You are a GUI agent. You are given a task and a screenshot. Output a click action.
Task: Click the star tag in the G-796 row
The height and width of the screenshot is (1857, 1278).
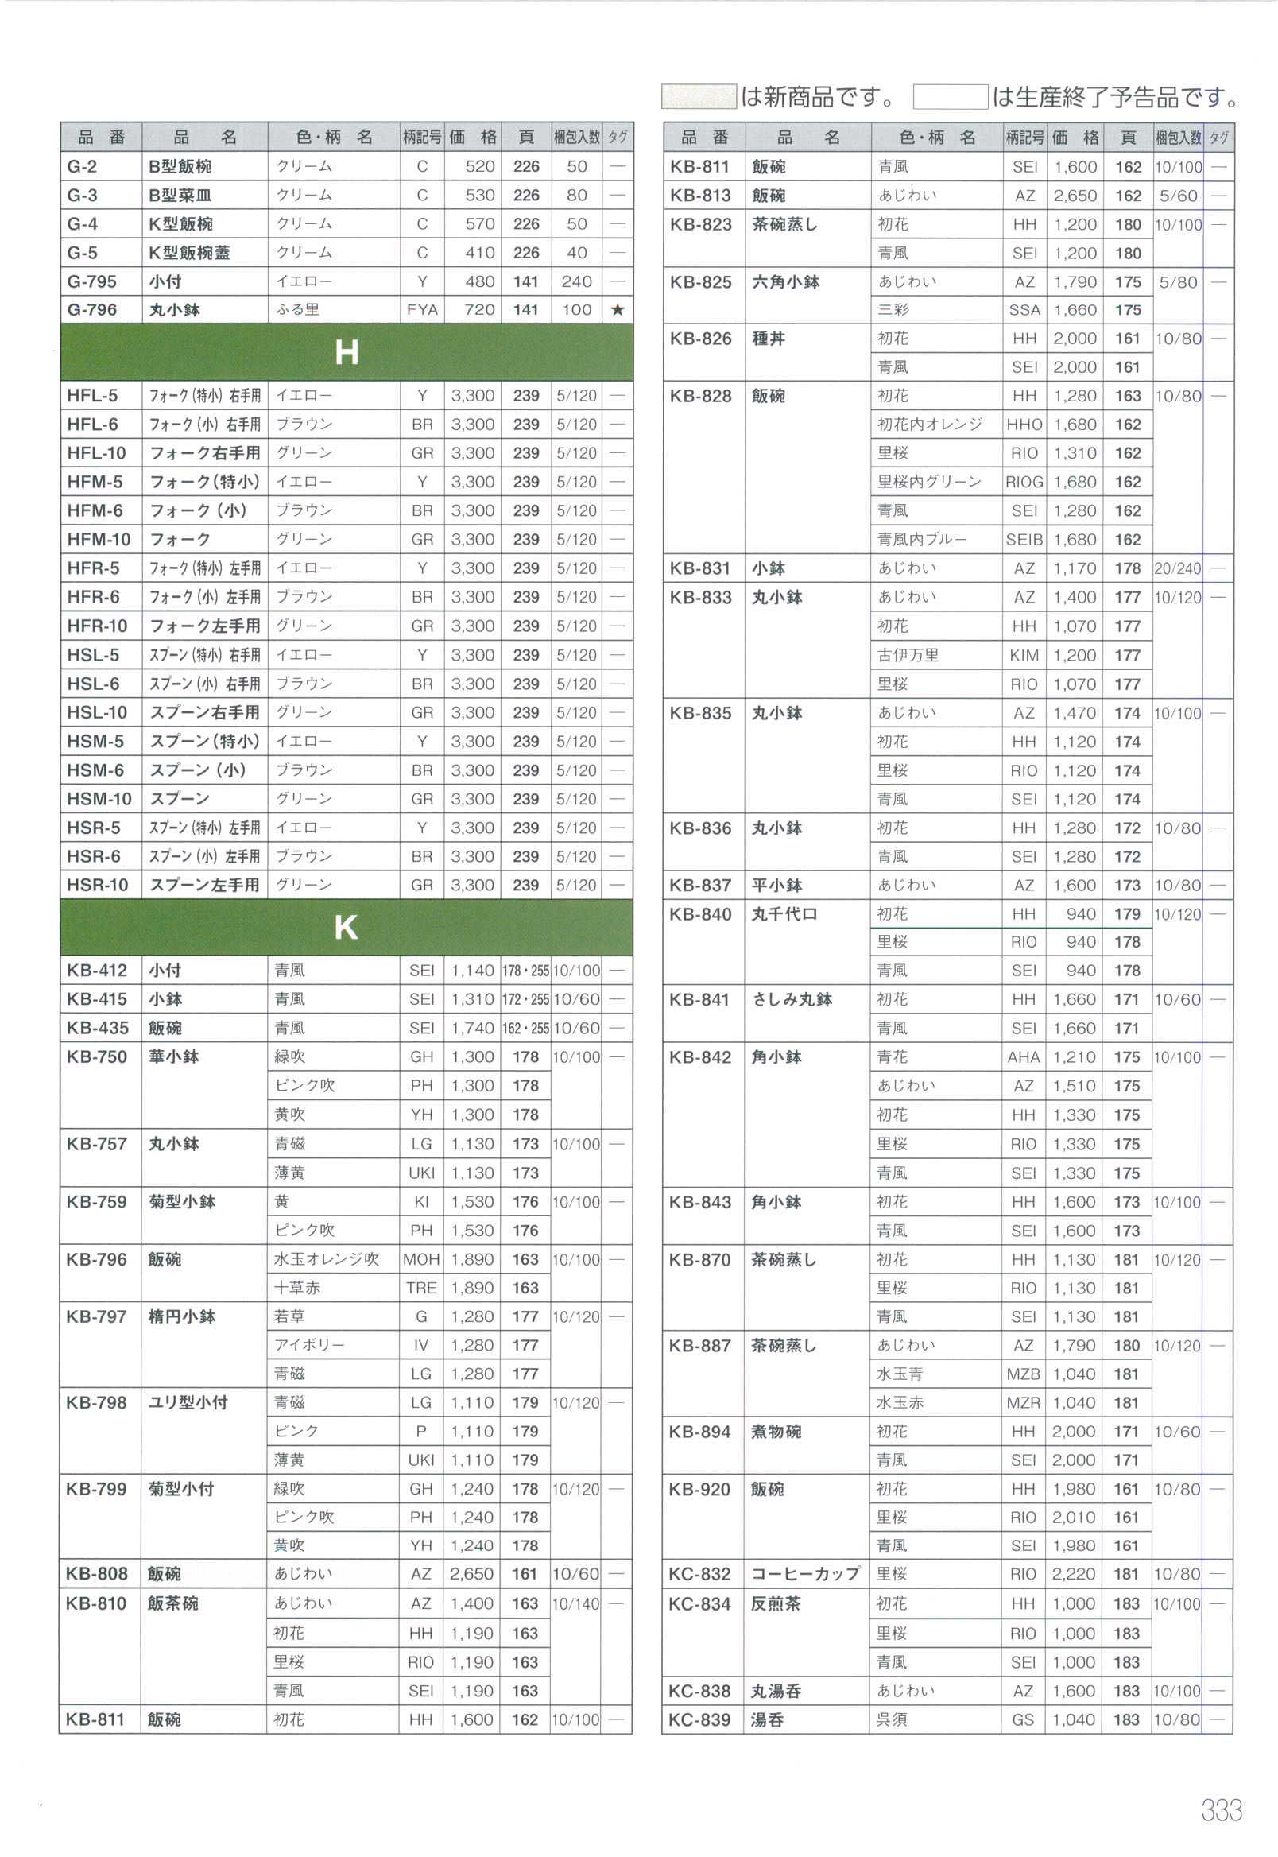[x=617, y=310]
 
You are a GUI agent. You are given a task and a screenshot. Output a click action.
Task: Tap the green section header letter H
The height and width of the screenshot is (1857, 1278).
[x=346, y=352]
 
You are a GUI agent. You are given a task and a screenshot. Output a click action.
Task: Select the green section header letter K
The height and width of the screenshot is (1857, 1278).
[x=346, y=927]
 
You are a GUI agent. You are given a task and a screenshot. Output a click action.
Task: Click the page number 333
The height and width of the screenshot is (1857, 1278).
[x=1221, y=1810]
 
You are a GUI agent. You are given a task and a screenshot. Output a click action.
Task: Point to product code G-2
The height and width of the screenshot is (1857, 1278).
[x=83, y=167]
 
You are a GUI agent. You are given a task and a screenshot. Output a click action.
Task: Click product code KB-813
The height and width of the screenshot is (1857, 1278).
[x=700, y=196]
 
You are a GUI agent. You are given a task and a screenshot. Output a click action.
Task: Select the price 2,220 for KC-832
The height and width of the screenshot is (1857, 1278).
[x=1074, y=1574]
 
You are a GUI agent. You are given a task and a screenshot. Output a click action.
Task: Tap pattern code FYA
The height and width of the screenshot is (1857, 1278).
[x=422, y=310]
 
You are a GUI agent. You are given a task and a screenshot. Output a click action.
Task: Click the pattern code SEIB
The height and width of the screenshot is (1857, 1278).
[x=1024, y=540]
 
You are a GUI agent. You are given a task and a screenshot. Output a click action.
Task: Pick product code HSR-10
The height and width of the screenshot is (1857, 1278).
[x=97, y=885]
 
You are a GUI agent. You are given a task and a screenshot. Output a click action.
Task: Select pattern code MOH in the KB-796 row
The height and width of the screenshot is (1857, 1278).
[x=421, y=1260]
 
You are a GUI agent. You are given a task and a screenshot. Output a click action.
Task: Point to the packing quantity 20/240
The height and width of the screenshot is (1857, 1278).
[x=1178, y=568]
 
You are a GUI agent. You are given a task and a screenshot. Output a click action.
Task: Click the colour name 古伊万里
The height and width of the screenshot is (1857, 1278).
[x=908, y=655]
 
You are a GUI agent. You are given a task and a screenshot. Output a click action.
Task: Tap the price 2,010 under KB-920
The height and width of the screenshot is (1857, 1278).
[x=1074, y=1518]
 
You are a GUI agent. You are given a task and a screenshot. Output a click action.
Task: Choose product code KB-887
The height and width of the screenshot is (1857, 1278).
[x=700, y=1346]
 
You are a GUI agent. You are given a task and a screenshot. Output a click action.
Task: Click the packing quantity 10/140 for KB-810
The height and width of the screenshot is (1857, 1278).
[x=575, y=1604]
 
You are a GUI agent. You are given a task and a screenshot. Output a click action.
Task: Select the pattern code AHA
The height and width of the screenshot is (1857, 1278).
[x=1024, y=1058]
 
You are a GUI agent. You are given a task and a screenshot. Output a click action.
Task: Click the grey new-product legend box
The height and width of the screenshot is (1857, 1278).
[x=699, y=97]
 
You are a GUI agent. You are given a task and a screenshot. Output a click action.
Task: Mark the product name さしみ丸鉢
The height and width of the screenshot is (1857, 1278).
[x=792, y=999]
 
